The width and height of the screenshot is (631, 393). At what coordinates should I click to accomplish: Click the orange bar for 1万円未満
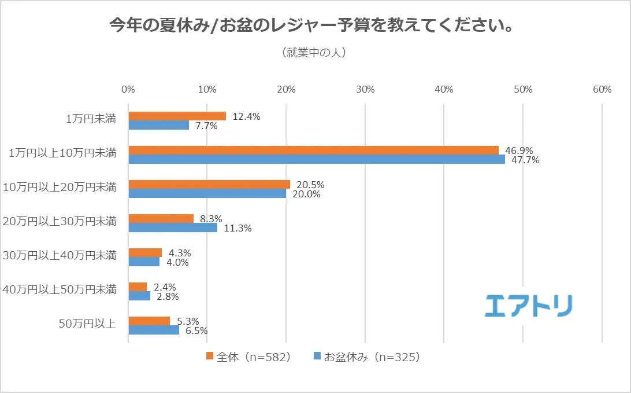177,116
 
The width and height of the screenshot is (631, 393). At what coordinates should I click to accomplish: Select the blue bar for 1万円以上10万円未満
317,160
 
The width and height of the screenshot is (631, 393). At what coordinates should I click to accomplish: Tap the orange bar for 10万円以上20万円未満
209,184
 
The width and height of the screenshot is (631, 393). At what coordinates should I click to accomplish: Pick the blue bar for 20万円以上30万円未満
173,228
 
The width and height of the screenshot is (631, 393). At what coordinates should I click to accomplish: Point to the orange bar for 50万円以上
149,321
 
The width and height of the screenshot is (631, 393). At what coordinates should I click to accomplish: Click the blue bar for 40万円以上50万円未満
139,296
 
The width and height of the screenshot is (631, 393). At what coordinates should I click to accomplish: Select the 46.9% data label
519,150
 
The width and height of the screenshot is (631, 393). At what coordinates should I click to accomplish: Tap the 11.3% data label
237,229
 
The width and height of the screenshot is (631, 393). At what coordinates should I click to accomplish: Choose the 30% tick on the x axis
365,90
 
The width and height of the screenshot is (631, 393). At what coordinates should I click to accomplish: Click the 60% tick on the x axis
602,90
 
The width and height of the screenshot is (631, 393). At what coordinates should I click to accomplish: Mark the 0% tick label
128,90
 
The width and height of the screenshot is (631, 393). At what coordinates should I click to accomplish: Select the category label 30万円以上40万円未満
60,255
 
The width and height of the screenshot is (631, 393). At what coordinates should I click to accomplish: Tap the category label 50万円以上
87,323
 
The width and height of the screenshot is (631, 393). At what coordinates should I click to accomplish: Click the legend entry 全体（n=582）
248,357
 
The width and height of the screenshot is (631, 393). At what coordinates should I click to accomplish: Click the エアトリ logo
528,305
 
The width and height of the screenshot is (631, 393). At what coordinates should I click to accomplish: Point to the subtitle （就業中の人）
314,53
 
